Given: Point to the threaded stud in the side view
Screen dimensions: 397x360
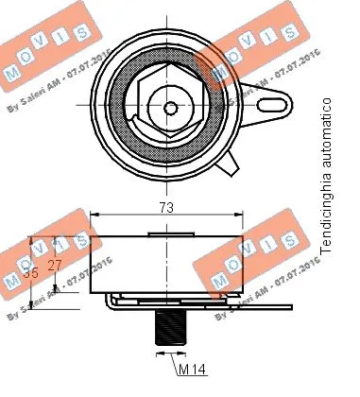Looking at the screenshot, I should [x=168, y=325].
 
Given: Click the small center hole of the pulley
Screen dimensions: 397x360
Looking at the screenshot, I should [x=170, y=107].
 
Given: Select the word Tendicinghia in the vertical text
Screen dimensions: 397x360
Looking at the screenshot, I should [x=326, y=214].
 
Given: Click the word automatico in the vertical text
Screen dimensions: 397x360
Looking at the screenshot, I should [x=326, y=132].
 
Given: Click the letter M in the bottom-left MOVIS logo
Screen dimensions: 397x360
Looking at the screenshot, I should [x=12, y=283].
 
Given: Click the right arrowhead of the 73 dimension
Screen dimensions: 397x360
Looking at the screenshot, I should [x=241, y=216].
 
